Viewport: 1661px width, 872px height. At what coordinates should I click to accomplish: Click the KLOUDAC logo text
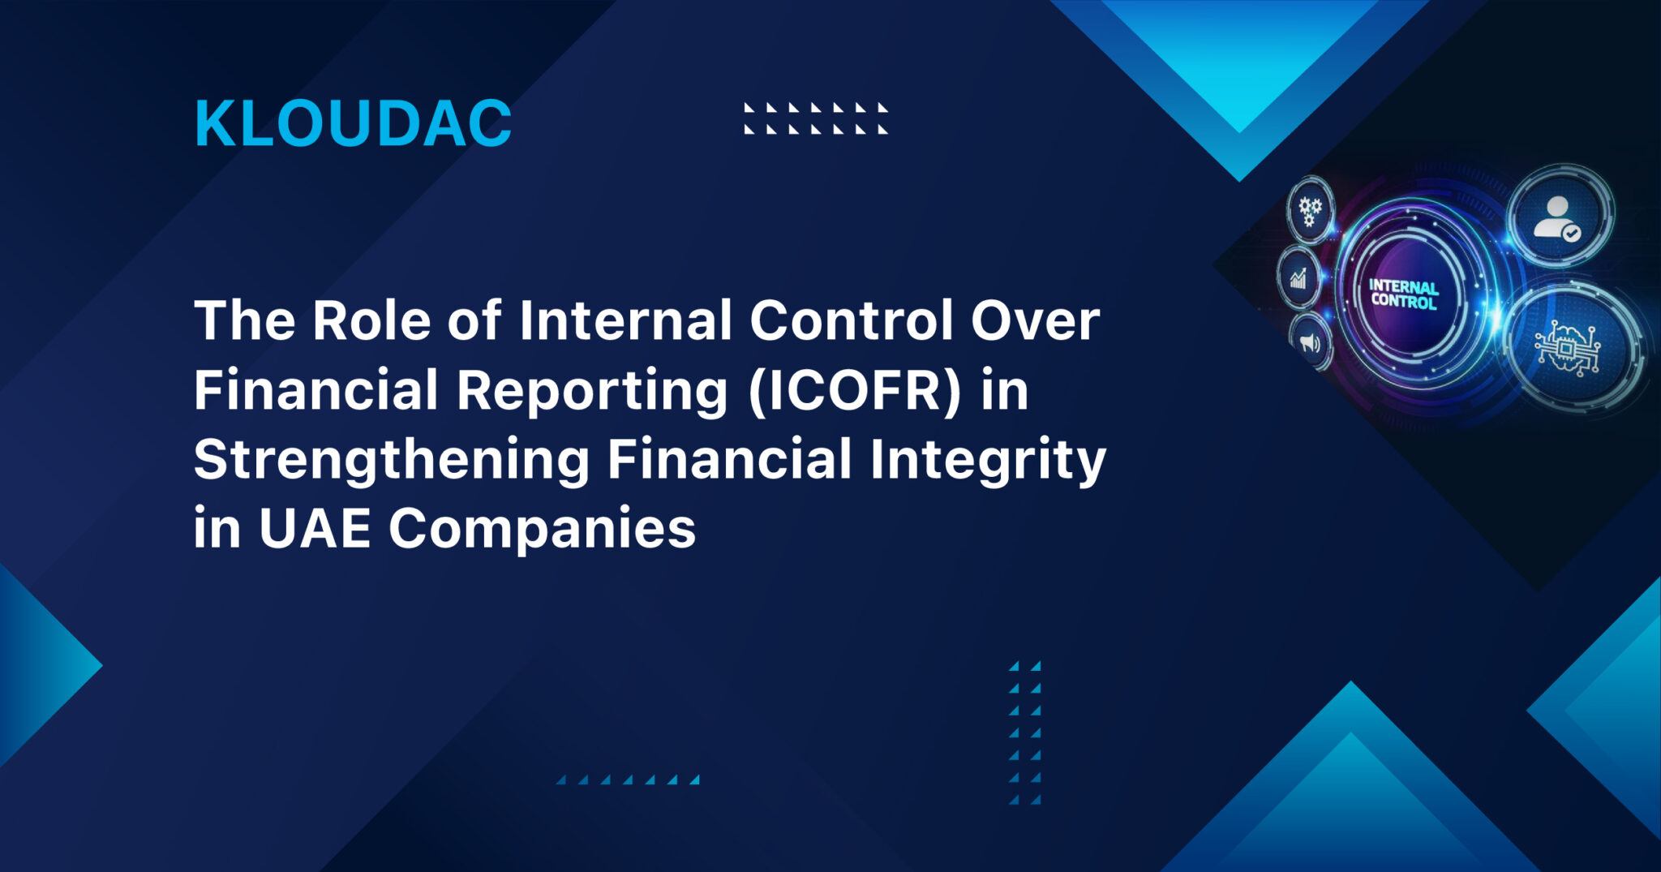[x=353, y=124]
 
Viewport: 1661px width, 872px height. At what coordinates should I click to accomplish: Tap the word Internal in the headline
[x=626, y=320]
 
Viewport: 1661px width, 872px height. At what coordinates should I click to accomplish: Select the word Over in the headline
[x=1036, y=320]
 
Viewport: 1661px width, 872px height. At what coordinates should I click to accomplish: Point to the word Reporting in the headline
[x=592, y=390]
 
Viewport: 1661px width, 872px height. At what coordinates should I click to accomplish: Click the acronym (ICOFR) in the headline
[x=855, y=390]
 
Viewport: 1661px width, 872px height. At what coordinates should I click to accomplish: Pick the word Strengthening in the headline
[x=392, y=460]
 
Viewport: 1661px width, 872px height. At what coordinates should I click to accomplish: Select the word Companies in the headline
[x=542, y=529]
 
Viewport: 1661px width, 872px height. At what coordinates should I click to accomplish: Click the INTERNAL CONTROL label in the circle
[x=1403, y=294]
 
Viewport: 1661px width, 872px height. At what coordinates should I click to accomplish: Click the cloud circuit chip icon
[x=1567, y=349]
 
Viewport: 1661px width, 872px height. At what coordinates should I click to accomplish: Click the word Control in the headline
[x=852, y=320]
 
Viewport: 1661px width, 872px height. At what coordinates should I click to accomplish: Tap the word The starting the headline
[x=244, y=320]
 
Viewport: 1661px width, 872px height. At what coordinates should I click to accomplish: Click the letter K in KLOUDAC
[x=212, y=124]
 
